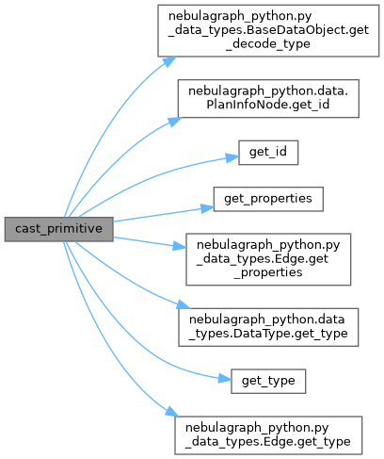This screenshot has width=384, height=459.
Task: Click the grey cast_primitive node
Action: pyautogui.click(x=59, y=229)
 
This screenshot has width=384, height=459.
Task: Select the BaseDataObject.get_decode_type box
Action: pyautogui.click(x=268, y=31)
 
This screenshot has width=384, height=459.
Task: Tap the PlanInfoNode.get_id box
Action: pyautogui.click(x=268, y=99)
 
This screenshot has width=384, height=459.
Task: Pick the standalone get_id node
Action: pyautogui.click(x=268, y=153)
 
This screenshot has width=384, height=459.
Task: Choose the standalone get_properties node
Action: pyautogui.click(x=268, y=199)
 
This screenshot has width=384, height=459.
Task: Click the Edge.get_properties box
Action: pyautogui.click(x=268, y=259)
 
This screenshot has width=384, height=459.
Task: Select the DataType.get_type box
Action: pyautogui.click(x=268, y=327)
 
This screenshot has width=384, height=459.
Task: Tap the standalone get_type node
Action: pyautogui.click(x=268, y=381)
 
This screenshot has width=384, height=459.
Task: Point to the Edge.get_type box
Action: pyautogui.click(x=268, y=435)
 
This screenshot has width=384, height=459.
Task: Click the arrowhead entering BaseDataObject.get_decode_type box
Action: pyautogui.click(x=169, y=61)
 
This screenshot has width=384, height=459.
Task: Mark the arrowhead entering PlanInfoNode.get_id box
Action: pyautogui.click(x=175, y=122)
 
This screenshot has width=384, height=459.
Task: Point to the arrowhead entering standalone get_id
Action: pyautogui.click(x=232, y=157)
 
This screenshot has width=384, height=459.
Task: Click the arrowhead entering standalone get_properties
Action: pyautogui.click(x=207, y=208)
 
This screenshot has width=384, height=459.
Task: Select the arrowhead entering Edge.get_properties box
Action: pyautogui.click(x=180, y=246)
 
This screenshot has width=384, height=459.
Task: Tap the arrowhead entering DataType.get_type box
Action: pyautogui.click(x=184, y=304)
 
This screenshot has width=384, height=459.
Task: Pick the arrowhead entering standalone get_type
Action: pyautogui.click(x=225, y=379)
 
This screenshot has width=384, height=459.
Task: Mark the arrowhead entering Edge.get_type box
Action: pyautogui.click(x=172, y=412)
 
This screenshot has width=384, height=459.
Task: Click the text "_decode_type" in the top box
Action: pyautogui.click(x=268, y=44)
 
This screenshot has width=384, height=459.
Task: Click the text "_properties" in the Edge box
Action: pyautogui.click(x=268, y=272)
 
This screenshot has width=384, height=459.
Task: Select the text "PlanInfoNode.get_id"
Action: pyautogui.click(x=268, y=105)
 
